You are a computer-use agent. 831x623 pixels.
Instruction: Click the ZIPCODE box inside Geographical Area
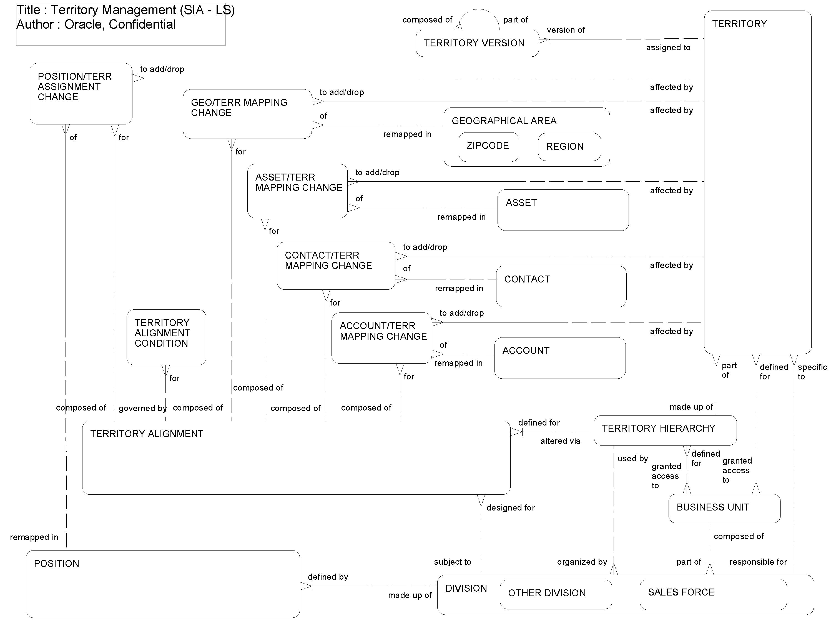click(488, 147)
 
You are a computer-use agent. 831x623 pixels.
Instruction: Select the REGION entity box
click(569, 147)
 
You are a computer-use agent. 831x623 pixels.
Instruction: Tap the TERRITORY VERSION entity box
click(477, 43)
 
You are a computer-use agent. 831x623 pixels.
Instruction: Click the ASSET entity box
click(563, 210)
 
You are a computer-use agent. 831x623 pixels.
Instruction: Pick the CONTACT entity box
click(561, 287)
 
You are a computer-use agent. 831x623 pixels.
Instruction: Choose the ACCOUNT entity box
click(559, 358)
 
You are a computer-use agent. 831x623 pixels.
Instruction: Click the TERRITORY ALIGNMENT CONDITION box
click(166, 337)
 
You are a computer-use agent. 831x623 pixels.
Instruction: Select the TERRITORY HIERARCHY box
click(665, 430)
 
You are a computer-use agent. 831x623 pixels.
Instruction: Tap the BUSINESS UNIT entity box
click(724, 508)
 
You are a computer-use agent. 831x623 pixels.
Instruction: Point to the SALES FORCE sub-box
click(713, 594)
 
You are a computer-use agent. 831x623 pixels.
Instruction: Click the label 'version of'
click(565, 30)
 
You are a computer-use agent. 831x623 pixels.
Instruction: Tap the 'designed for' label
click(510, 508)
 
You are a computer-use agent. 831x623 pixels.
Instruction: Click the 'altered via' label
click(560, 441)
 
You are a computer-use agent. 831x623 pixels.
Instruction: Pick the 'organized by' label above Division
click(582, 562)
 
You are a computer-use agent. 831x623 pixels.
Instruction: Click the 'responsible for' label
click(758, 562)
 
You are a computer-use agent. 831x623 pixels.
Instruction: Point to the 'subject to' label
click(452, 562)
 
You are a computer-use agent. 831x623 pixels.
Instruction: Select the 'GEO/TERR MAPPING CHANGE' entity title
click(239, 107)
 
